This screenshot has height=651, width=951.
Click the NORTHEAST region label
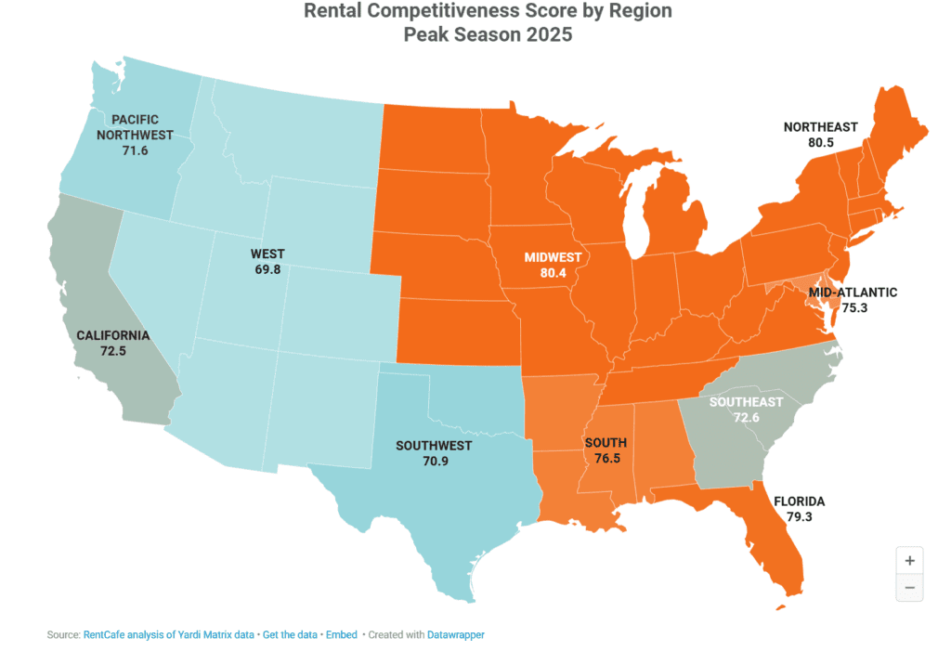click(820, 127)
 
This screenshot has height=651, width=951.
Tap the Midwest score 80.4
click(553, 272)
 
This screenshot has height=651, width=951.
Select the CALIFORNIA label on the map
click(112, 335)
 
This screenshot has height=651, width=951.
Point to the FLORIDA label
click(799, 501)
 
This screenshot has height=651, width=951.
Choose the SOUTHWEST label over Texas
click(434, 446)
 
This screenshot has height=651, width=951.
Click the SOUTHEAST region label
click(747, 402)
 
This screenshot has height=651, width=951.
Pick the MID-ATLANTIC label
click(853, 292)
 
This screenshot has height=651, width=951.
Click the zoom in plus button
click(909, 560)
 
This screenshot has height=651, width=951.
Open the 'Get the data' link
click(289, 635)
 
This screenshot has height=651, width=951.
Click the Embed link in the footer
click(342, 635)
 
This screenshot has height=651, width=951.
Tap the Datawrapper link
click(455, 635)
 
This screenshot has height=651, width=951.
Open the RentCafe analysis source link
click(168, 635)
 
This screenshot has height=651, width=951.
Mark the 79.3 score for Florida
click(799, 517)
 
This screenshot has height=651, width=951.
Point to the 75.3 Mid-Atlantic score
click(853, 307)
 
